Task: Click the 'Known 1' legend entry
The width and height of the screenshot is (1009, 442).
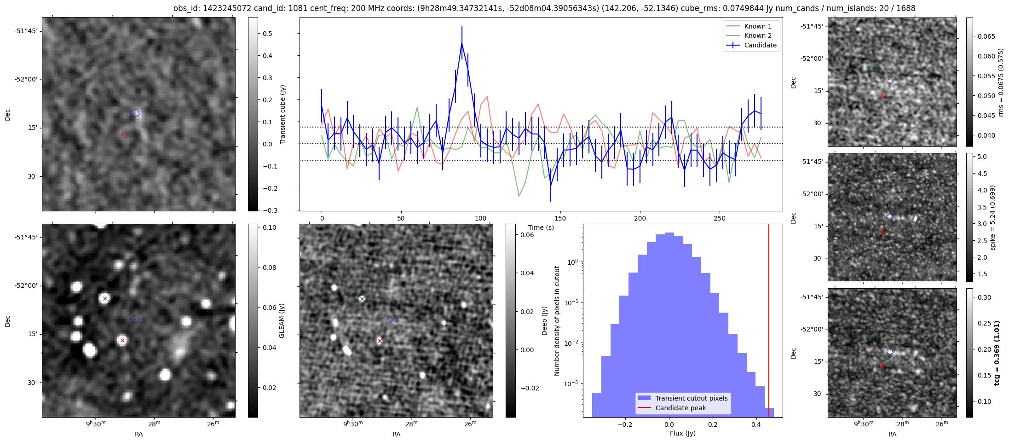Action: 757,26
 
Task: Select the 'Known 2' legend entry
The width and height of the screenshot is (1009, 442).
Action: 757,35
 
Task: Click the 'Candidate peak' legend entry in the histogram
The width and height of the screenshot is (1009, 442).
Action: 680,408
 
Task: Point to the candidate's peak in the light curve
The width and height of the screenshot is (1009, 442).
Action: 461,43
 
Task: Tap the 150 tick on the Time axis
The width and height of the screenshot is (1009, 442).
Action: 560,218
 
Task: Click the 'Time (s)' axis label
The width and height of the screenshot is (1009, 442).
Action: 541,227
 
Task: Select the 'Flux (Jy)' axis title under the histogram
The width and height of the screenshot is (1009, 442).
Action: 682,433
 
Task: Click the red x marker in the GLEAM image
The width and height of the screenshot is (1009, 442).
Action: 122,341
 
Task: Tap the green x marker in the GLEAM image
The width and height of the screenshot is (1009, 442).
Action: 105,298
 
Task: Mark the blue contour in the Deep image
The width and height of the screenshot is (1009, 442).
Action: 392,319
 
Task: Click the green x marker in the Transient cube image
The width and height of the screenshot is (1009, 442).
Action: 105,92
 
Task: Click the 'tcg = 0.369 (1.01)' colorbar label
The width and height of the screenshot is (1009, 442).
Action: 997,353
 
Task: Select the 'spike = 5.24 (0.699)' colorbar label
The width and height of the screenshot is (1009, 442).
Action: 992,217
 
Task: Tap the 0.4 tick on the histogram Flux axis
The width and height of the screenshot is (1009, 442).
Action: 756,425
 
